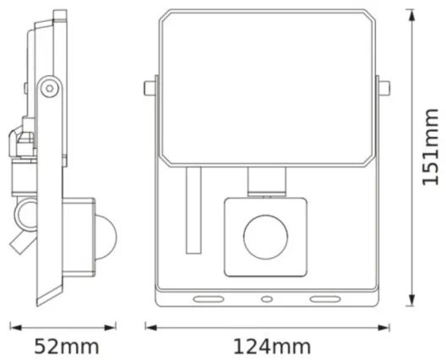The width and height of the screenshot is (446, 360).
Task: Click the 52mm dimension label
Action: [67, 346]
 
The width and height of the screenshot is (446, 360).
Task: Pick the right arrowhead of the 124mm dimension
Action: [385, 325]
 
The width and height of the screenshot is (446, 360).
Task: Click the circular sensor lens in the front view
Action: [265, 237]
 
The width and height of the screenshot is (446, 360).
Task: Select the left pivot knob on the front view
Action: [150, 87]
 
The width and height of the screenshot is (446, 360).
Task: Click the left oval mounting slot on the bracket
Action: [207, 299]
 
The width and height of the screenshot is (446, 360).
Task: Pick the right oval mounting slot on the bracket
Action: [324, 299]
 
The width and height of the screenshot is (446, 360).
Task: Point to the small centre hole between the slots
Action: [265, 299]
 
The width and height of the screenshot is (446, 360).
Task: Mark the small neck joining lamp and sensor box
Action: [265, 180]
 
